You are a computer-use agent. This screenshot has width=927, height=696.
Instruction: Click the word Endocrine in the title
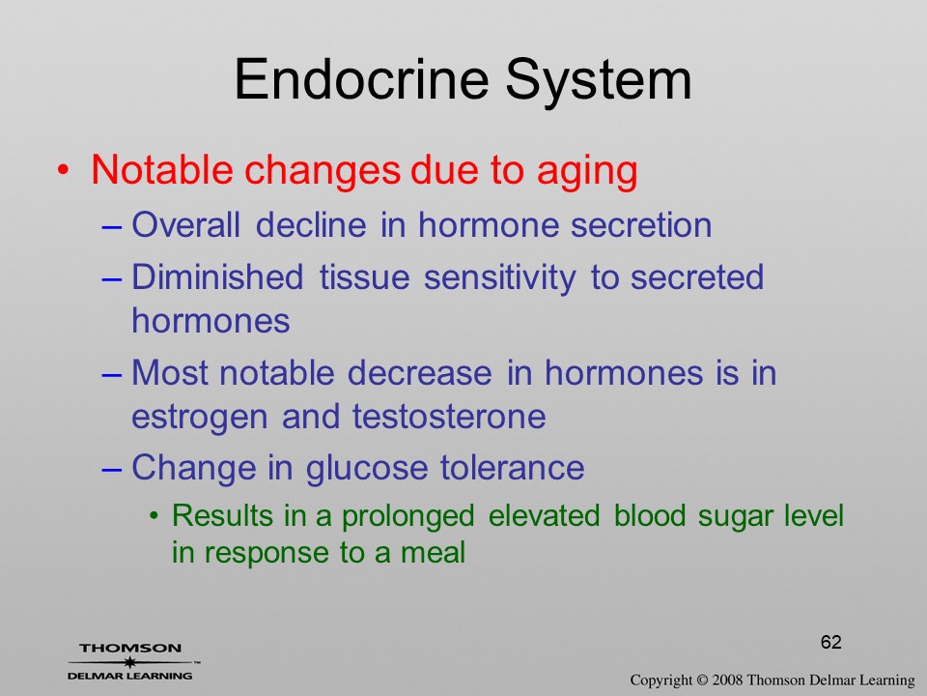point(361,79)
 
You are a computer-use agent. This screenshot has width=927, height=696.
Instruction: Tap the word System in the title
point(599,82)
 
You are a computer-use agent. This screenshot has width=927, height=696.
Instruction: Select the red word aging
point(587,172)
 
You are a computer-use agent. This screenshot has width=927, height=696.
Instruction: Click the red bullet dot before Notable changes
point(63,170)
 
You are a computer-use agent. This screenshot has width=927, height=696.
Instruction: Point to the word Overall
point(185,225)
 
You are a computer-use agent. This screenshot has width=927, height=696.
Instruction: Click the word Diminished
point(217,277)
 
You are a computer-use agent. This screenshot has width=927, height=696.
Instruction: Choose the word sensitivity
point(499,278)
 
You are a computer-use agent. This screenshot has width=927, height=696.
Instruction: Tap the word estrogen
point(199,418)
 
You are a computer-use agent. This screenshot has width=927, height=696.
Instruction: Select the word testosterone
point(449,416)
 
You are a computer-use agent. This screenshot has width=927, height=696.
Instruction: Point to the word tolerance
point(512,468)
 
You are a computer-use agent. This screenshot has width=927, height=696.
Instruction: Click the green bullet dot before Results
point(154,516)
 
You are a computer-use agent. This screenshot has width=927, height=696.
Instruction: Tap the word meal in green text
point(434,552)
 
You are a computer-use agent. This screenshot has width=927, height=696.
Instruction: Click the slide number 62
point(830,642)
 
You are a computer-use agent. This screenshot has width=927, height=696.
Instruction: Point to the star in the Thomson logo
point(130,662)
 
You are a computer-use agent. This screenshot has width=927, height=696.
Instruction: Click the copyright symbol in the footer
point(702,681)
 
